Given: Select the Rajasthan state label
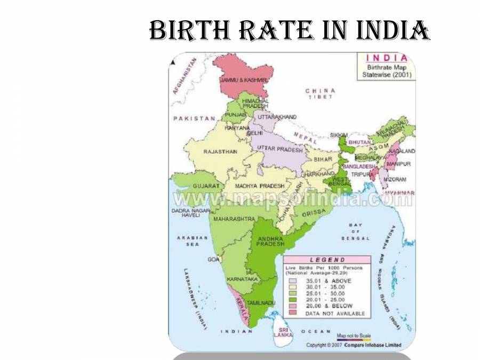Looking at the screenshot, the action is pos(220,151).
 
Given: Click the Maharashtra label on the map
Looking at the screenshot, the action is pos(233,219).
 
